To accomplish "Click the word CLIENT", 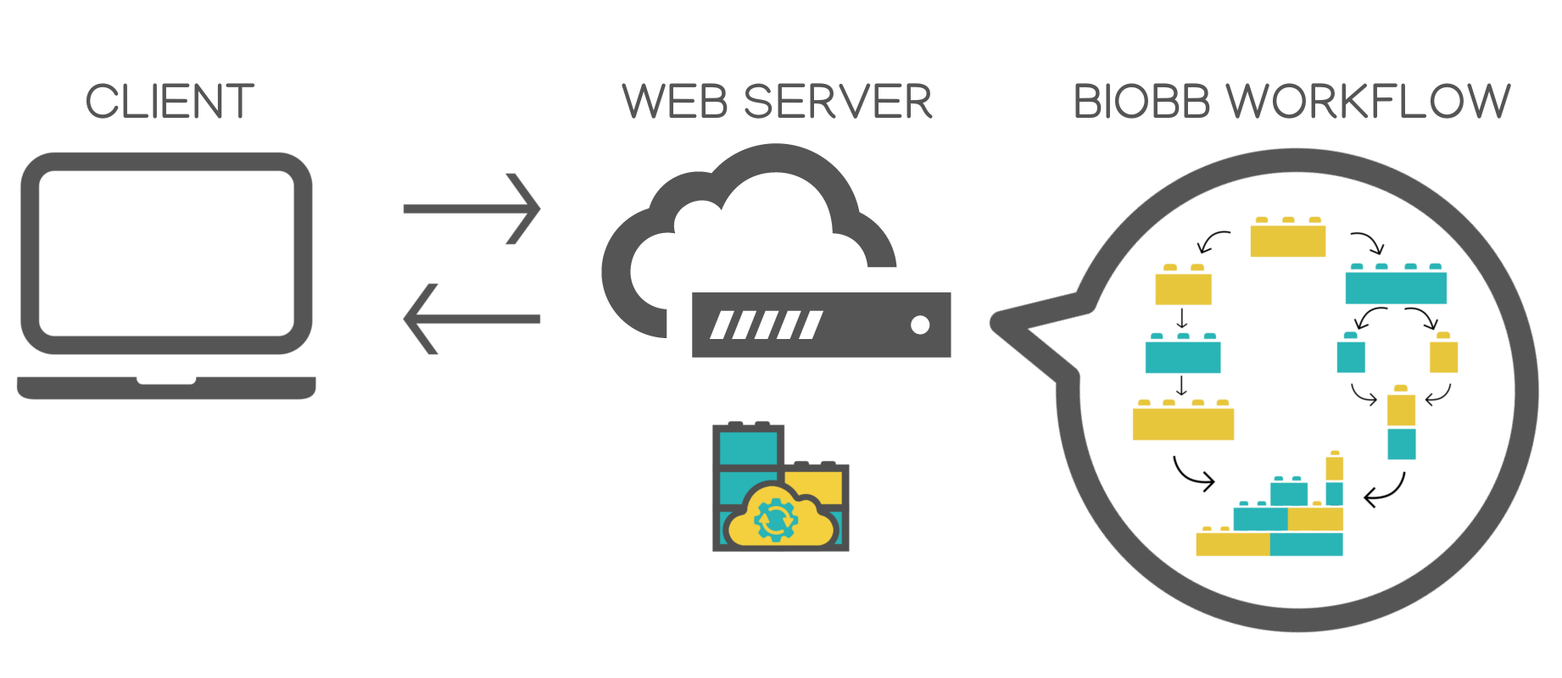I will (x=170, y=102).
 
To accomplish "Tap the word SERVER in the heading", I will (x=838, y=102).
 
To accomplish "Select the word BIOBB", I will (x=1141, y=102).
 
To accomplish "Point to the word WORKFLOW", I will (x=1370, y=102).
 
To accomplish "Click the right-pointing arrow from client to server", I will (x=471, y=208).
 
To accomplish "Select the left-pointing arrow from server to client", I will (x=471, y=319).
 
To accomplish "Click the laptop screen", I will (x=166, y=253).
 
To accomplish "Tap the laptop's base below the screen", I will (x=166, y=388).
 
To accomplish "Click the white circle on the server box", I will (x=919, y=325).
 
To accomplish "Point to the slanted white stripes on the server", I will (x=766, y=325).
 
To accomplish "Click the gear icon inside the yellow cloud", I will (x=775, y=520).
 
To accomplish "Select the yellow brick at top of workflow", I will (x=1287, y=238).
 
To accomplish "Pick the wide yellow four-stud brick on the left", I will (x=1183, y=421).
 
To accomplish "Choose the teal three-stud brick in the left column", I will (x=1183, y=355).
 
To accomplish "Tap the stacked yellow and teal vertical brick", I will (x=1401, y=425).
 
